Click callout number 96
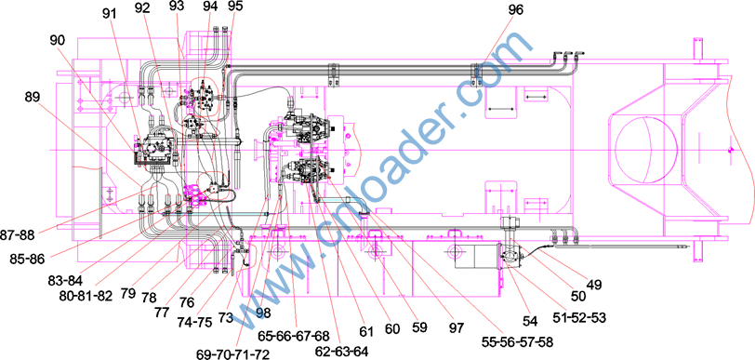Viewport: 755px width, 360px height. click(x=514, y=9)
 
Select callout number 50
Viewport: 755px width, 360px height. click(x=577, y=296)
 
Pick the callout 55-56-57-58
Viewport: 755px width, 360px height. click(x=517, y=341)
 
